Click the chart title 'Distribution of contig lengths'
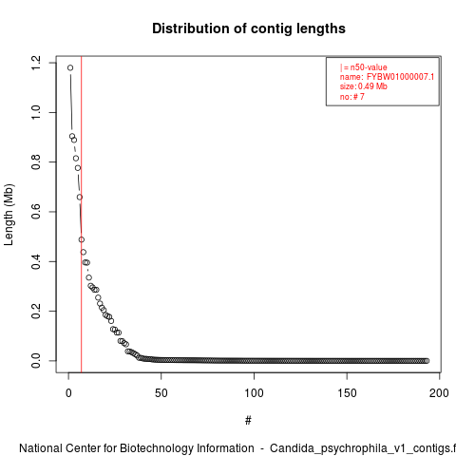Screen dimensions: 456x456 (249, 28)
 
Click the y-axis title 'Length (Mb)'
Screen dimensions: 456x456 (9, 215)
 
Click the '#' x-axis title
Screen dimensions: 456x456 (248, 421)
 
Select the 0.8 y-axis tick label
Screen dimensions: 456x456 (36, 162)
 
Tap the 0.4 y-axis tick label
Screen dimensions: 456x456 (36, 261)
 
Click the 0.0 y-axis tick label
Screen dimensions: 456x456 (36, 361)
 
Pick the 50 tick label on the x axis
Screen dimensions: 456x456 (161, 393)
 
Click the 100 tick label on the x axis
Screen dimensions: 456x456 (254, 393)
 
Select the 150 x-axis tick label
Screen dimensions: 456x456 (347, 393)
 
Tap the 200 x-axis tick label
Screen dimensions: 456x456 (439, 393)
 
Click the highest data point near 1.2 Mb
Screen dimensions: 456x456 (70, 67)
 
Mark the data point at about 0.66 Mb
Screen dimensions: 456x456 (80, 198)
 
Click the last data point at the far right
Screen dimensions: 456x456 (427, 361)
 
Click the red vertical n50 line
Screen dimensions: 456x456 (82, 215)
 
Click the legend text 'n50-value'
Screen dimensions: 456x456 (369, 67)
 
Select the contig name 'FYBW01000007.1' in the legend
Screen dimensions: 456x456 (400, 77)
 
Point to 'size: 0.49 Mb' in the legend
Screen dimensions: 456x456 (364, 86)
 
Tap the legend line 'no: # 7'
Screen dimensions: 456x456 (352, 96)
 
